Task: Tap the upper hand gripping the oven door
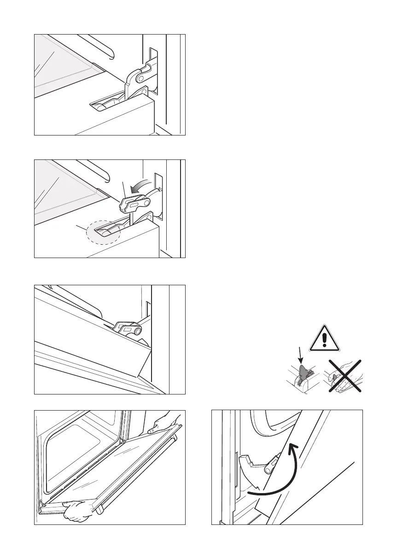(161, 421)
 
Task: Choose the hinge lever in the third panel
(128, 329)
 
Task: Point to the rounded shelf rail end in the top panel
(109, 54)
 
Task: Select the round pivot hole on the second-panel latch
(146, 201)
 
